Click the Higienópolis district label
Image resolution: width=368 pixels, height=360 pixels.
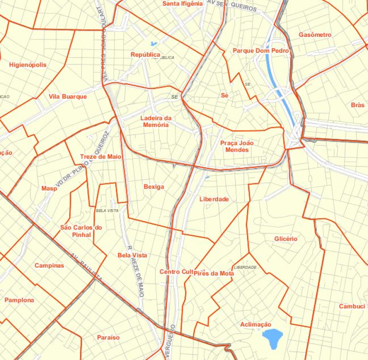28,65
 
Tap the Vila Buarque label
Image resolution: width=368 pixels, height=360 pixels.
68,97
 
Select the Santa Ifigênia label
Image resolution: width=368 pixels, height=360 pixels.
182,4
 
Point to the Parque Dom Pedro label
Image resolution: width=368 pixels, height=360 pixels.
260,51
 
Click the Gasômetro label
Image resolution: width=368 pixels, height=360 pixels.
315,35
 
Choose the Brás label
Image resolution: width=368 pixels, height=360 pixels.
357,105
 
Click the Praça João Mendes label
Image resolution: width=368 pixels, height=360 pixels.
237,146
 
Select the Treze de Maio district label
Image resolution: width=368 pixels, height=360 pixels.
101,157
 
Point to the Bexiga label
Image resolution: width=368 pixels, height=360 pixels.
154,187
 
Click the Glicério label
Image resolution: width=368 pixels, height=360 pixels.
286,239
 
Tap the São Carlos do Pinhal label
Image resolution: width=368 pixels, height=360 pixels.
81,231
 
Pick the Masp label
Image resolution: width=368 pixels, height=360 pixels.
49,189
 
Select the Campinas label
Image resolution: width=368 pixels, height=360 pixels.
49,266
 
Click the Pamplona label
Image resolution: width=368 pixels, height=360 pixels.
19,300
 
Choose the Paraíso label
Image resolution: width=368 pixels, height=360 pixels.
108,337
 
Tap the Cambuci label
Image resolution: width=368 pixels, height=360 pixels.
352,306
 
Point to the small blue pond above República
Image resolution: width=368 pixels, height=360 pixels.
153,44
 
